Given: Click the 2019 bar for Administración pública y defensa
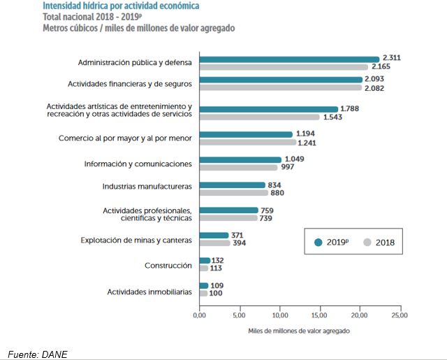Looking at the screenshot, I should click(288, 59).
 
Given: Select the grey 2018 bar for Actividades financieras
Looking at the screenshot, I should click(281, 89).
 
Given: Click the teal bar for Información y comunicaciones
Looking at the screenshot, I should click(240, 160).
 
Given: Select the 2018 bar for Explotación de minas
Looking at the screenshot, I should click(214, 243).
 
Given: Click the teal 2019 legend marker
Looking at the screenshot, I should click(318, 242).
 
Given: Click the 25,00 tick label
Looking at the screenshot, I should click(400, 316).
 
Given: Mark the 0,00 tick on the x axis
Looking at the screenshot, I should click(199, 316).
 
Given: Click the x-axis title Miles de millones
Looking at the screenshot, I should click(298, 331).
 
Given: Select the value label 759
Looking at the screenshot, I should click(268, 210).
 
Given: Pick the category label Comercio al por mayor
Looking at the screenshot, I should click(125, 138).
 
